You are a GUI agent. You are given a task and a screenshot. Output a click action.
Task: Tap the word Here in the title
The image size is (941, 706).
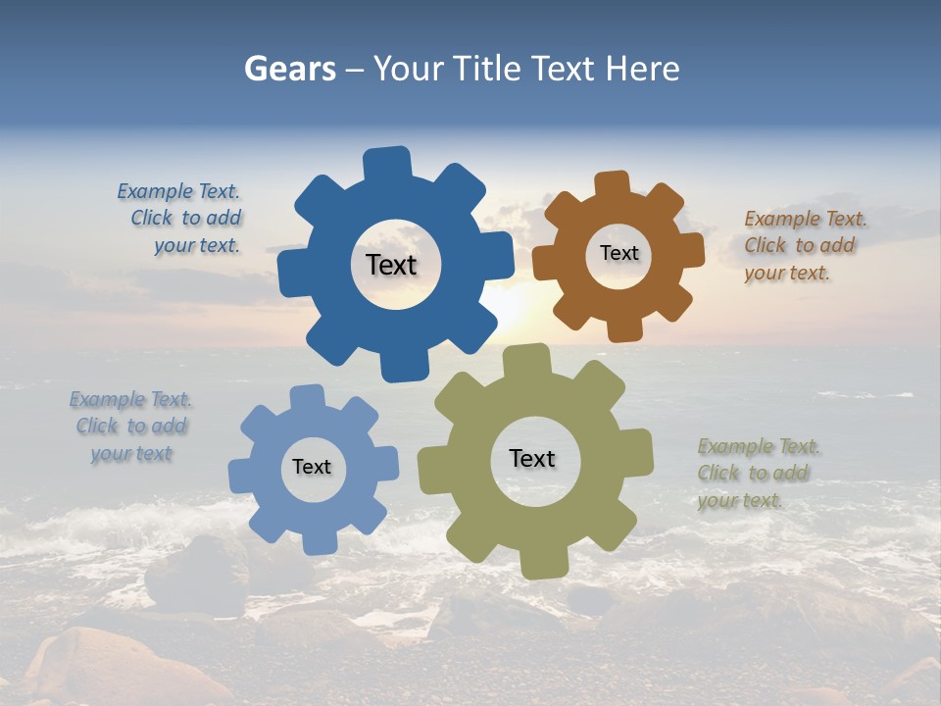[x=642, y=69]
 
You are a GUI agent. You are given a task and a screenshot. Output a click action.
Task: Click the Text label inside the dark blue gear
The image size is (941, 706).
[x=391, y=265]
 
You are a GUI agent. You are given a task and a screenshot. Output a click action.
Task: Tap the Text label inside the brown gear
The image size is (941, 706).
[x=619, y=253]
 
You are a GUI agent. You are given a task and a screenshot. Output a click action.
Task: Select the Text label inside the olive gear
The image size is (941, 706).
[x=532, y=458]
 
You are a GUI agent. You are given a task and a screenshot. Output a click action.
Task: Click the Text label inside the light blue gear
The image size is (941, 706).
[x=312, y=467]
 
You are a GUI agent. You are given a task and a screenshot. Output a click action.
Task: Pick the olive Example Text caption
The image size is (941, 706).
[x=755, y=474]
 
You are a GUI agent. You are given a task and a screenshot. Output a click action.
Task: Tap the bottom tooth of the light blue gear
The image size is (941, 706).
[x=320, y=541]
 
